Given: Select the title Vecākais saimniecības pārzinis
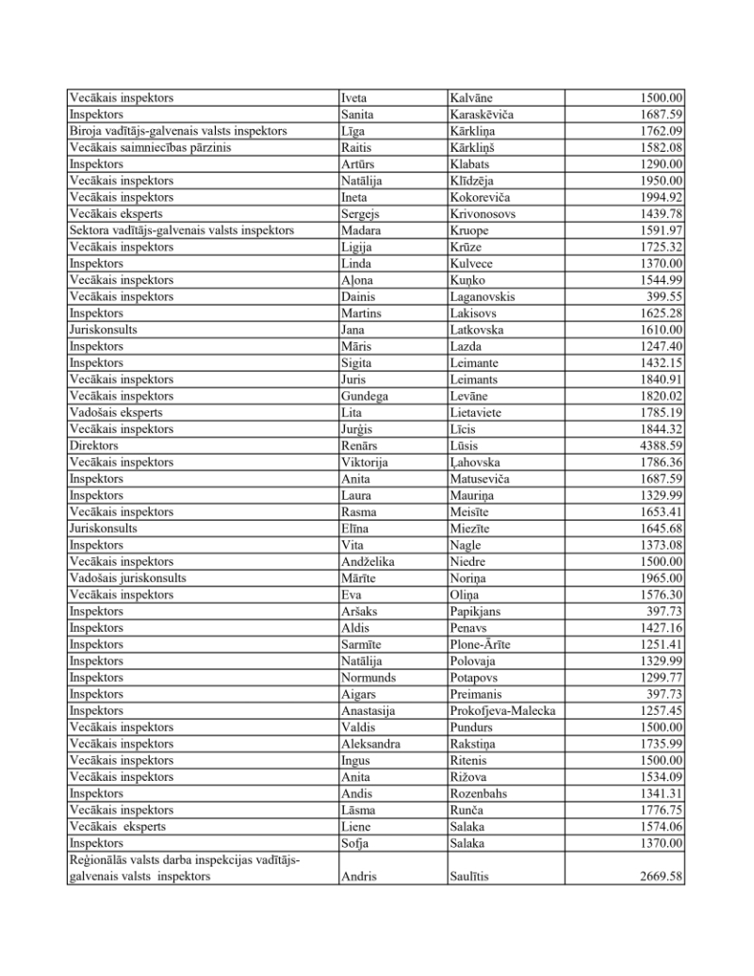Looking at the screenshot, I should (x=151, y=148).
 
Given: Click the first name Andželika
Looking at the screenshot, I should (x=369, y=562).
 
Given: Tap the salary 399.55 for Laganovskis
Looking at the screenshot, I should (x=665, y=297).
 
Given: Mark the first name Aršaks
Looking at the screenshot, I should (x=360, y=611).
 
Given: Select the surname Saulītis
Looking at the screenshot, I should (x=475, y=877).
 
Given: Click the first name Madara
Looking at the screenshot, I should (x=361, y=231).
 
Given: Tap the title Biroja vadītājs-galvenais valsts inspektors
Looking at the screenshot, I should (x=178, y=131).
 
